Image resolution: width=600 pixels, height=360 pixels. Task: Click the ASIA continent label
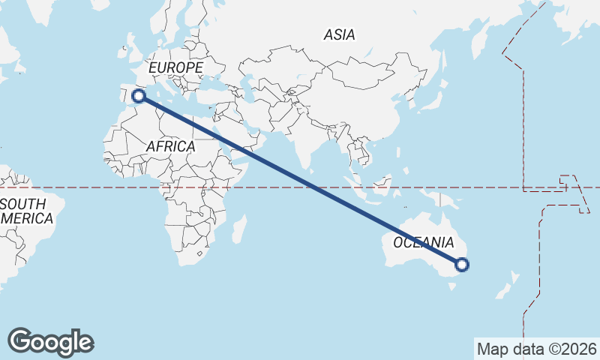click(339, 34)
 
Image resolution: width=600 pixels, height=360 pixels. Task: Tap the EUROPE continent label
click(175, 68)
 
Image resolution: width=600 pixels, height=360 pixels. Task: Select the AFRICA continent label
click(170, 147)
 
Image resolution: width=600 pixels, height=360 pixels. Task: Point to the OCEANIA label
click(424, 242)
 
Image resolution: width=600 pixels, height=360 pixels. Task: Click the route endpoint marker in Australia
click(462, 264)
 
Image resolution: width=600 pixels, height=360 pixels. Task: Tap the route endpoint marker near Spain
click(138, 95)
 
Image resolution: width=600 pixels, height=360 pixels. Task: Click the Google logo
click(51, 341)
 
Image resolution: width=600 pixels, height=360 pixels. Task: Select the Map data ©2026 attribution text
click(537, 349)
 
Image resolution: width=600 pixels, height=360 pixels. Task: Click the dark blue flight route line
click(300, 180)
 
